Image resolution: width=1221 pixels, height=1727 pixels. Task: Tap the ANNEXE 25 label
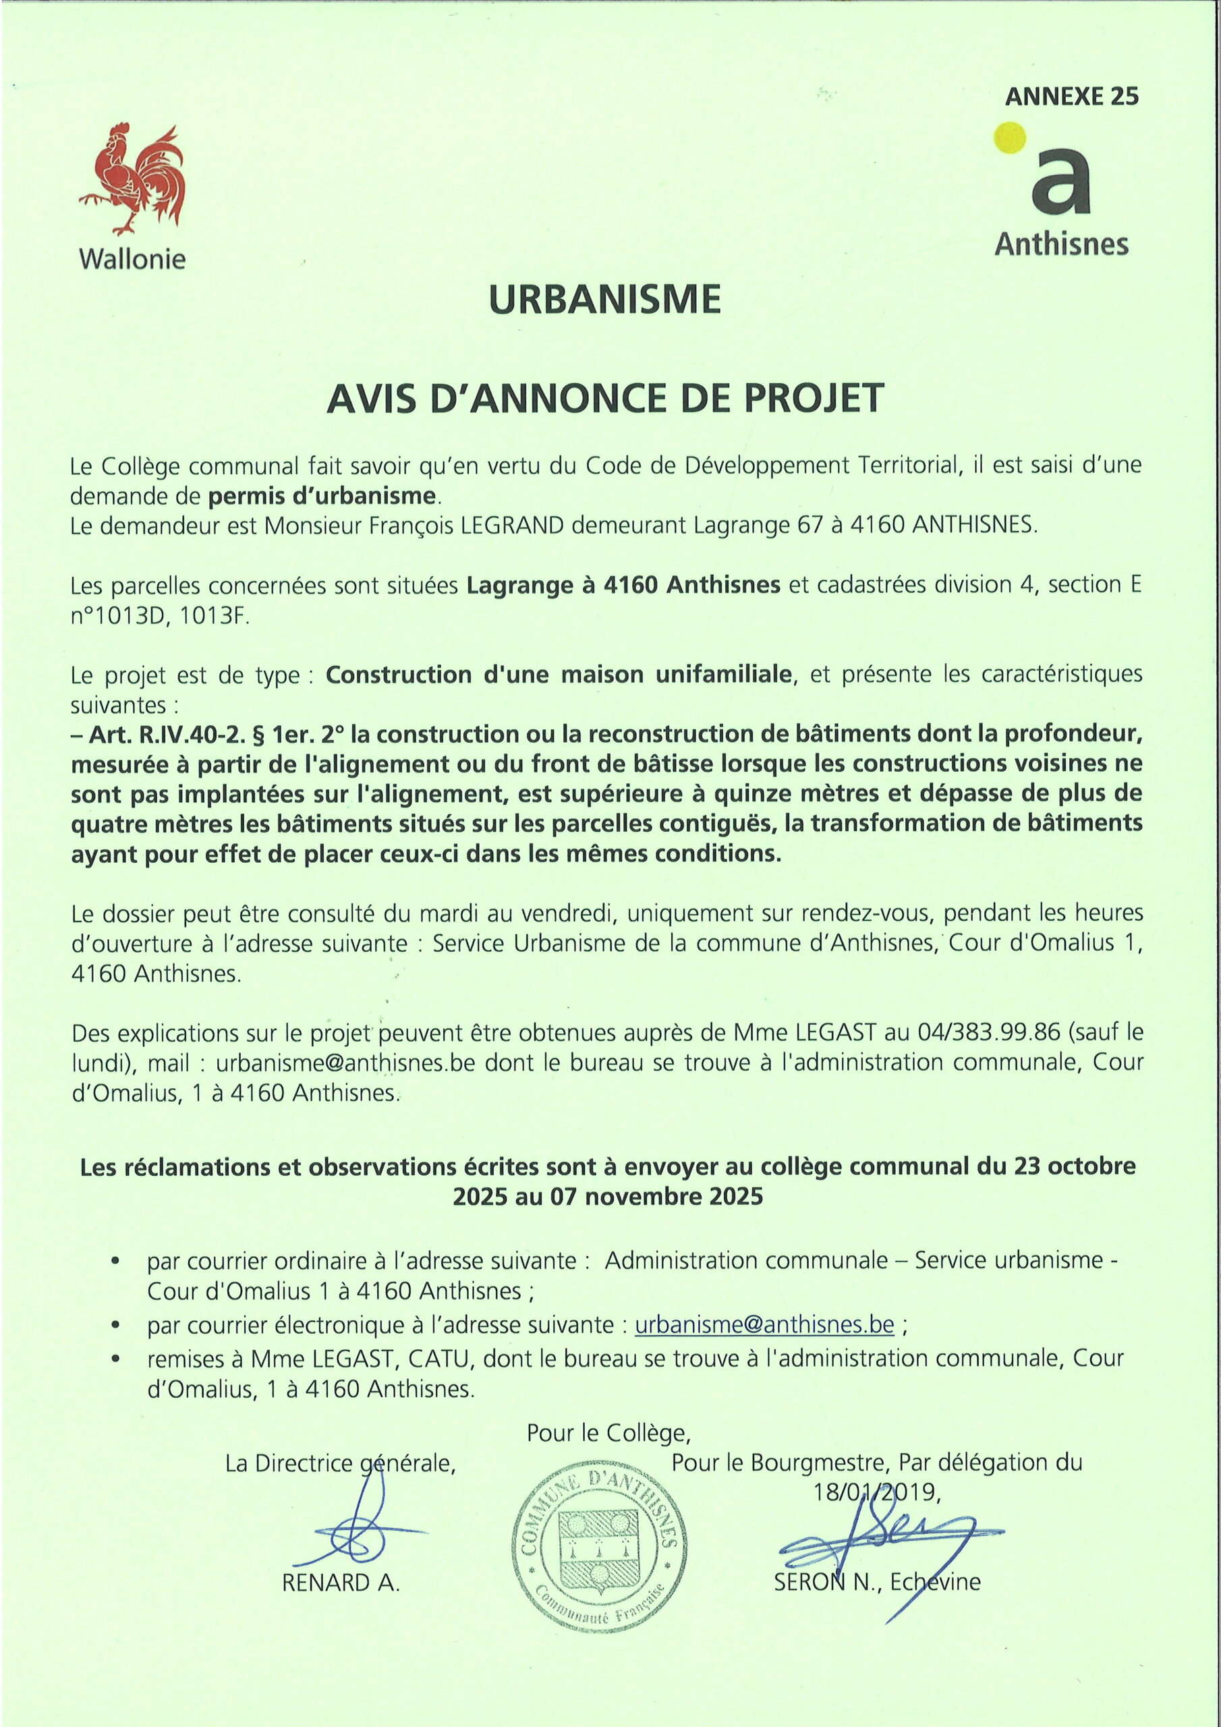pyautogui.click(x=1071, y=96)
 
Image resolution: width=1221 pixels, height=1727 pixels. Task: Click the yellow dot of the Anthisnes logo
pyautogui.click(x=1010, y=138)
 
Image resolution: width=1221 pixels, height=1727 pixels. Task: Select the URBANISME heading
pyautogui.click(x=605, y=300)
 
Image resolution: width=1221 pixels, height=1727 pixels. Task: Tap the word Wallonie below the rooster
pyautogui.click(x=132, y=260)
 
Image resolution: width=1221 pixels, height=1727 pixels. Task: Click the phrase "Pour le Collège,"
pyautogui.click(x=608, y=1433)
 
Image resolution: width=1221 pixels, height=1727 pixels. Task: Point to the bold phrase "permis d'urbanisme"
pyautogui.click(x=322, y=496)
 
